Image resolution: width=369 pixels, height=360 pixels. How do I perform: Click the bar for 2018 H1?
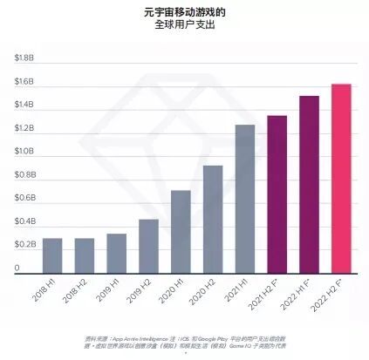pyautogui.click(x=52, y=255)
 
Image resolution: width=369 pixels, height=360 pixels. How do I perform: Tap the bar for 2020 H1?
pyautogui.click(x=181, y=232)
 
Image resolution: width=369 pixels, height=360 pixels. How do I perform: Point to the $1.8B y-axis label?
pyautogui.click(x=24, y=58)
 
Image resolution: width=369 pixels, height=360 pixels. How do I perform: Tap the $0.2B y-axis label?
pyautogui.click(x=24, y=245)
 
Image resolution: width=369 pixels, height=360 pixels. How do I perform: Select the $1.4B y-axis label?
pyautogui.click(x=24, y=105)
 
